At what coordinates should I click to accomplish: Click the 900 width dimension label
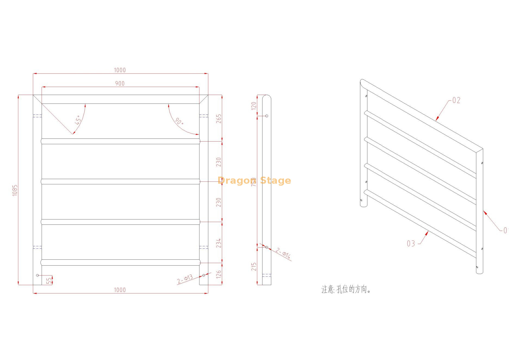pyautogui.click(x=120, y=84)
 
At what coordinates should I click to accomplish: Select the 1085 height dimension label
pyautogui.click(x=15, y=190)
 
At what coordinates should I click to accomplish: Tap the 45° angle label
pyautogui.click(x=78, y=120)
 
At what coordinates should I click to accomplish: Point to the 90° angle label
pyautogui.click(x=179, y=121)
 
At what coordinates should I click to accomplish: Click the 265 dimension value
pyautogui.click(x=219, y=119)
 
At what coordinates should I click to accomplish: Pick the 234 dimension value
pyautogui.click(x=219, y=243)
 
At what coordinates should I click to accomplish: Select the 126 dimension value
pyautogui.click(x=219, y=274)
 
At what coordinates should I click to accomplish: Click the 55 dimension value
pyautogui.click(x=49, y=280)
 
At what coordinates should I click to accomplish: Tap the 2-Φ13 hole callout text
pyautogui.click(x=185, y=279)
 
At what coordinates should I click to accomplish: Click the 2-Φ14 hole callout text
pyautogui.click(x=283, y=253)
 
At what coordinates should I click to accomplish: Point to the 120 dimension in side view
pyautogui.click(x=254, y=106)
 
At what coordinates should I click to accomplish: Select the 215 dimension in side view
pyautogui.click(x=254, y=267)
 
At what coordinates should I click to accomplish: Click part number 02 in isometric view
pyautogui.click(x=456, y=100)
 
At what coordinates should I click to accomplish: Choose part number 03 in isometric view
pyautogui.click(x=411, y=244)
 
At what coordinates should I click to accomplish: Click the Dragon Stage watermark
pyautogui.click(x=254, y=180)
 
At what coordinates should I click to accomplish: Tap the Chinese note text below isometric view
pyautogui.click(x=346, y=289)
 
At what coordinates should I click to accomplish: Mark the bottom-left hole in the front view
pyautogui.click(x=38, y=275)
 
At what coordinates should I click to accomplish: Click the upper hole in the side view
pyautogui.click(x=267, y=116)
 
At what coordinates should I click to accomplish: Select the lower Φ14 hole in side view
pyautogui.click(x=267, y=247)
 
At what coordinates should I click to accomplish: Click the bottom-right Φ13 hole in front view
pyautogui.click(x=204, y=275)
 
